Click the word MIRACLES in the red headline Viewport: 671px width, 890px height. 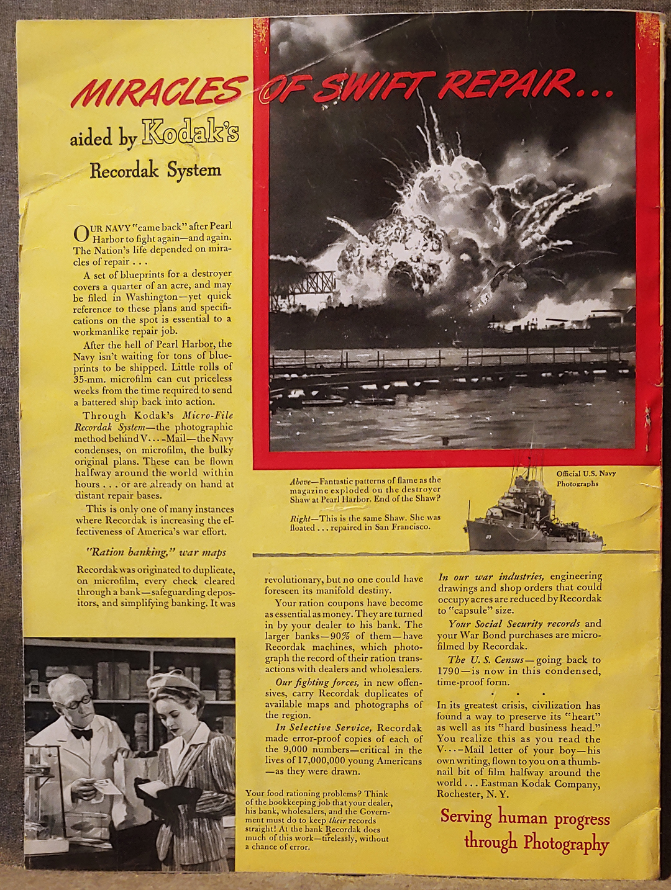(158, 91)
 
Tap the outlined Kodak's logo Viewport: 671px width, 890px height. (190, 132)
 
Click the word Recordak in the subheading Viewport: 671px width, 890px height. (124, 170)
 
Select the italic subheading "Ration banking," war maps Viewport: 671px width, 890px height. (155, 552)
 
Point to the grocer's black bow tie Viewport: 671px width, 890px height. (81, 734)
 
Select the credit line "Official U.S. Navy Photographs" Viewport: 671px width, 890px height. (585, 478)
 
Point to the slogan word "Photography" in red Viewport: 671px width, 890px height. (565, 844)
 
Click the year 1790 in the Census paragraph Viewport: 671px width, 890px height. (449, 671)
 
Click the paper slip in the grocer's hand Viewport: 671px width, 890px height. (107, 787)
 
